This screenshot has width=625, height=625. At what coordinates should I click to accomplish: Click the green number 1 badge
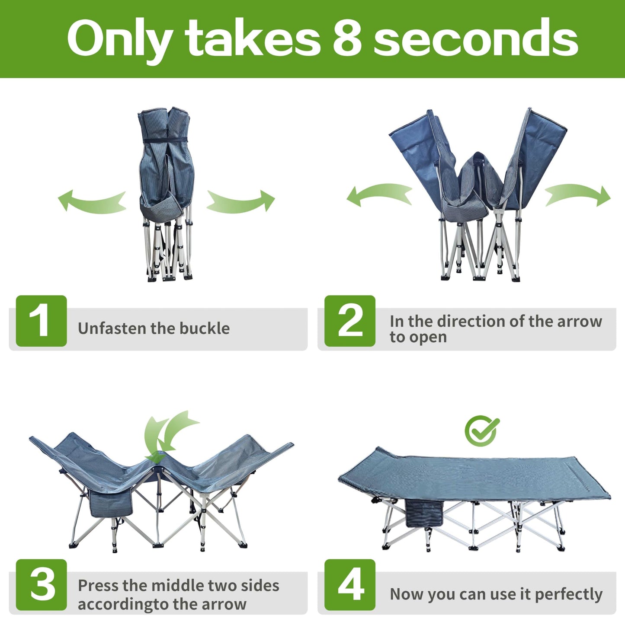tap(41, 321)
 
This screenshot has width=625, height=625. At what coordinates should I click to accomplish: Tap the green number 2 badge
tap(350, 321)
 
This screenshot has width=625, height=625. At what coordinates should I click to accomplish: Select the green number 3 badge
tap(41, 585)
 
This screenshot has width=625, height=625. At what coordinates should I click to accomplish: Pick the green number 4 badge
tap(350, 585)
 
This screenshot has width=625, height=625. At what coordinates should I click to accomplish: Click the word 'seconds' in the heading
tap(476, 38)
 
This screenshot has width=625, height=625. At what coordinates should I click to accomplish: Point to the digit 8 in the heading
tap(347, 38)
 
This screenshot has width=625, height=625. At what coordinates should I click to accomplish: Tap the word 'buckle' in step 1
tap(205, 328)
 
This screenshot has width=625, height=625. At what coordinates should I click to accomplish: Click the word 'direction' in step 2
tap(469, 322)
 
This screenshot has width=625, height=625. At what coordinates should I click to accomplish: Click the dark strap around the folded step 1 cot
tap(165, 140)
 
